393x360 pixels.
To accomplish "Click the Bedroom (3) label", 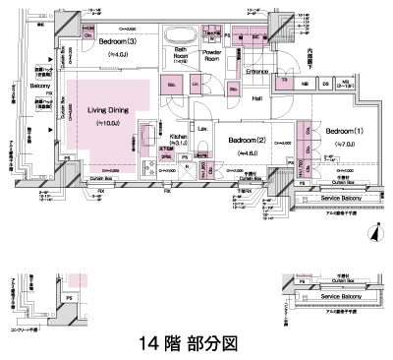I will pyautogui.click(x=118, y=42).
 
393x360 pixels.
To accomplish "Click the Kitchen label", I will pyautogui.click(x=179, y=139).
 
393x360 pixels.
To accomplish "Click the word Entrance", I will pyautogui.click(x=257, y=72).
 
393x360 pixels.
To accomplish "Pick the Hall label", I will pyautogui.click(x=255, y=98).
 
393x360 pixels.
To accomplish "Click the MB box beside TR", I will pyautogui.click(x=305, y=82).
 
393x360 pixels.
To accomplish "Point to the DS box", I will pyautogui.click(x=322, y=82).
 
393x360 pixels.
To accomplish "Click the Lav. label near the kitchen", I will pyautogui.click(x=202, y=130).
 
